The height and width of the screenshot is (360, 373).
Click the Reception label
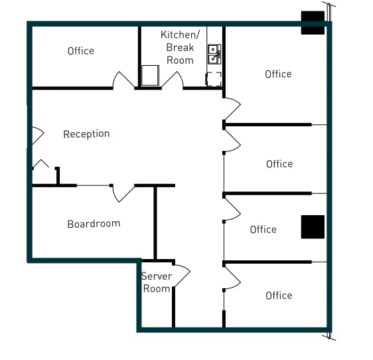pos(86,134)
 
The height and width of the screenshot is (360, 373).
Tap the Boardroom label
pos(94,224)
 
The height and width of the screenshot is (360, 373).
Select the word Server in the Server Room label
pos(157,276)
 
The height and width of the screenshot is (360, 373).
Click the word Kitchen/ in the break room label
pos(179,35)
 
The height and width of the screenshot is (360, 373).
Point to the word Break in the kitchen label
pos(180,47)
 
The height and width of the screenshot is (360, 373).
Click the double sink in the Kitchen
pos(214,54)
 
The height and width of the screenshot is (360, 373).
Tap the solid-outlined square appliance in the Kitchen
pos(150,75)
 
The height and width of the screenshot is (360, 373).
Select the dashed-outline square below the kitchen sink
pos(214,78)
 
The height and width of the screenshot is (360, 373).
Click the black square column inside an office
pos(313,226)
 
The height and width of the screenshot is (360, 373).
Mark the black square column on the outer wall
pos(313,22)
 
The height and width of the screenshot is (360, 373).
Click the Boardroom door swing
pos(123,193)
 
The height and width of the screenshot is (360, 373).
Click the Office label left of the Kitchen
pos(81,51)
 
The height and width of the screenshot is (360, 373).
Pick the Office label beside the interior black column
pos(263,230)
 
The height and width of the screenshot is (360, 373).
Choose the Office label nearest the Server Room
pos(279,296)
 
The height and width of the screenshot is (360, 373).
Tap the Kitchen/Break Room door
pos(173,80)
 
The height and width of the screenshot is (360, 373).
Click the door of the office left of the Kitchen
pos(123,80)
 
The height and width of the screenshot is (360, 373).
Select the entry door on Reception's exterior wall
pos(36,136)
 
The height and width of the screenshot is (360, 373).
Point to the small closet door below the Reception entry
pos(41,164)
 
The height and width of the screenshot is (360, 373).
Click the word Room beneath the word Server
pos(157,289)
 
